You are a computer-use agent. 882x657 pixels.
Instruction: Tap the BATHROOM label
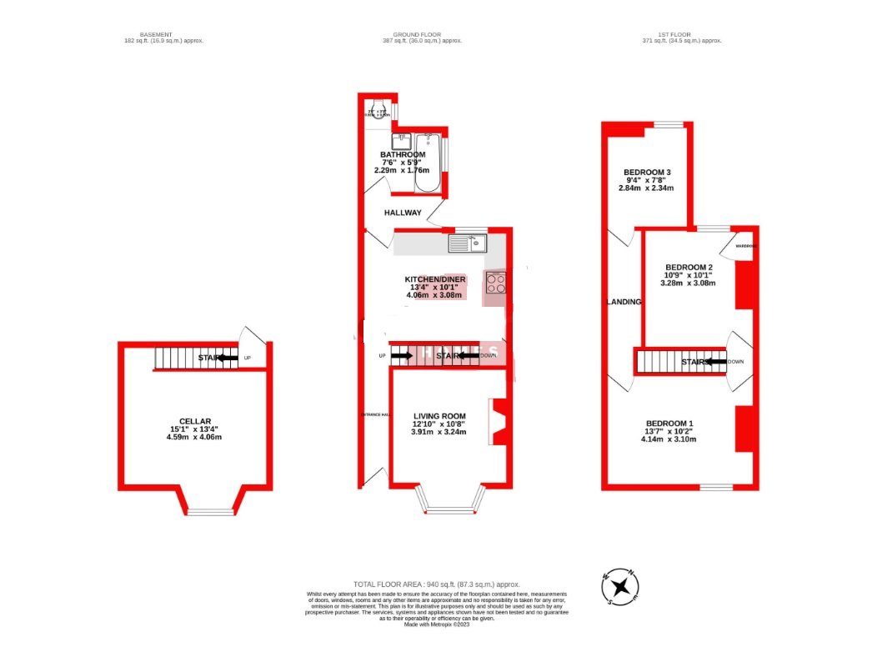403,155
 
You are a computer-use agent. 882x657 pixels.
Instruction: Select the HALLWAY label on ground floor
403,213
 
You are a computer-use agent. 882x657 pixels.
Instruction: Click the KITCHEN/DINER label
435,279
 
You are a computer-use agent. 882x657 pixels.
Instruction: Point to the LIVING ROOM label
439,416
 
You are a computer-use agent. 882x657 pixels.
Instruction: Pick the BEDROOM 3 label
648,173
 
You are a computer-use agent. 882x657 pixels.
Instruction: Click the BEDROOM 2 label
688,267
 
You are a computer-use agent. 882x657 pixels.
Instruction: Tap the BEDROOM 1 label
668,423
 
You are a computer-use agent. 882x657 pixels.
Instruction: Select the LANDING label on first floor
624,302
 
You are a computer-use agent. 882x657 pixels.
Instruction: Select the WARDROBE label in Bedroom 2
745,247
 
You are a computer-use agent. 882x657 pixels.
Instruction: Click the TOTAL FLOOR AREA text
437,584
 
